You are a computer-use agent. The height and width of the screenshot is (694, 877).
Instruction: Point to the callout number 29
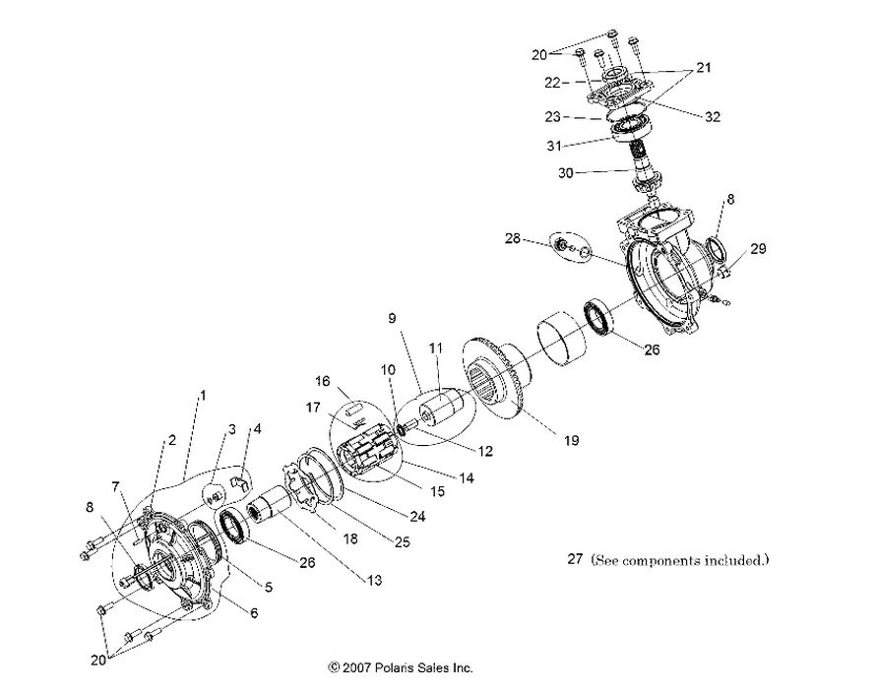[758, 250]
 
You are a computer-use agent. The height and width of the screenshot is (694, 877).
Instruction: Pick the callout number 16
[323, 381]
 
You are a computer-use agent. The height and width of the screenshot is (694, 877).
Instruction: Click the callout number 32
[713, 116]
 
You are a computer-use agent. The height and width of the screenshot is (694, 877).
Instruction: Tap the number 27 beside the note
[576, 560]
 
